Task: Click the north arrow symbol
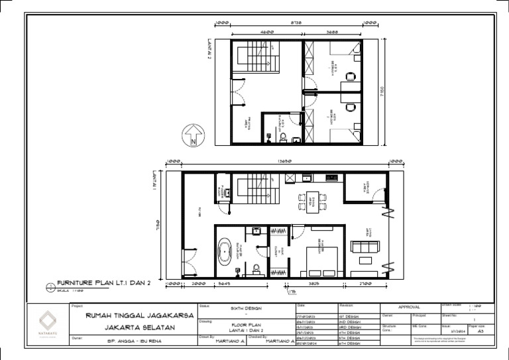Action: (193, 136)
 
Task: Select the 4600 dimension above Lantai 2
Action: (267, 32)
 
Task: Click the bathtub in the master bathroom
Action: (226, 252)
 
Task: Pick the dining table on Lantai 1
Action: (313, 200)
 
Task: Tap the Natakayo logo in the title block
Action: (47, 319)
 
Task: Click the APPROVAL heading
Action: (410, 308)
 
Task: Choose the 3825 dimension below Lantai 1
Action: (314, 284)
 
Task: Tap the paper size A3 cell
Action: (480, 331)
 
